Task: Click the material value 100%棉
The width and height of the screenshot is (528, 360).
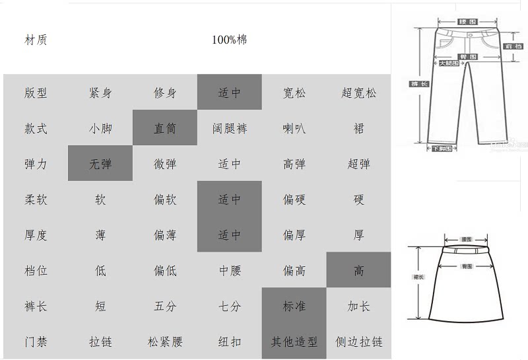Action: [230, 40]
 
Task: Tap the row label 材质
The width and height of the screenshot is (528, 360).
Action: [36, 40]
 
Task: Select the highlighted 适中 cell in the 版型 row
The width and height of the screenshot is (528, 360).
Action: [230, 92]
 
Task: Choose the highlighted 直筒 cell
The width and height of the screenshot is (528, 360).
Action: [165, 128]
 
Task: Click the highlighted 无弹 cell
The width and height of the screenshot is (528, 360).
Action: [100, 164]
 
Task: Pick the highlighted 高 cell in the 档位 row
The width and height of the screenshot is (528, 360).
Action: [359, 271]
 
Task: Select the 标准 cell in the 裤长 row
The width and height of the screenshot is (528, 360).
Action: [294, 306]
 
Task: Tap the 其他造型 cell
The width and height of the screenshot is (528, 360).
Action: [294, 342]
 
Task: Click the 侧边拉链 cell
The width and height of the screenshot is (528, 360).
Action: [359, 342]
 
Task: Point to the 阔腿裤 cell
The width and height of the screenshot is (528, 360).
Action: [230, 128]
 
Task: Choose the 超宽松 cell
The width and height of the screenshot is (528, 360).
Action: [359, 92]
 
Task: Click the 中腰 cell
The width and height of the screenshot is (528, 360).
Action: [230, 271]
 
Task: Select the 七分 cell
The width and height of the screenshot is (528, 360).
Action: [230, 306]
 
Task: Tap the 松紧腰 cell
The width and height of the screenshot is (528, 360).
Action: [165, 342]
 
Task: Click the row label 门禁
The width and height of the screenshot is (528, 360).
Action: [36, 342]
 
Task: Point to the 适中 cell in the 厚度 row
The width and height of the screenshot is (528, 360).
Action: [230, 235]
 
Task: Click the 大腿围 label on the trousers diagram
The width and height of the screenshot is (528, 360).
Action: [449, 63]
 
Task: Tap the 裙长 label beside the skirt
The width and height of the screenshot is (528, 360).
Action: [418, 277]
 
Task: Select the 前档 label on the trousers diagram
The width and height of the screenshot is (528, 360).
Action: [513, 46]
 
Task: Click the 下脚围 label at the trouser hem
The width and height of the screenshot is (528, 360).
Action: [442, 149]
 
